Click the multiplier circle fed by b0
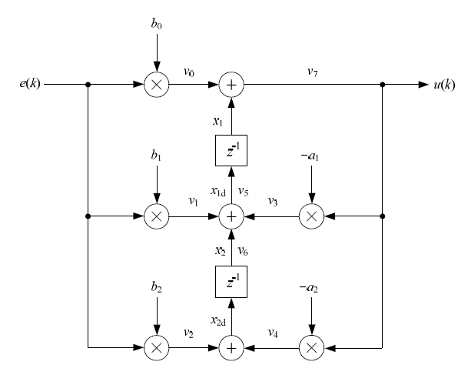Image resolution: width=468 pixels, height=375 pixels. click(x=157, y=84)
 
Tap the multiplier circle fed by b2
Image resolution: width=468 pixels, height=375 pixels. click(x=157, y=348)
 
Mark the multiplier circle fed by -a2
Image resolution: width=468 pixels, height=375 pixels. click(x=310, y=348)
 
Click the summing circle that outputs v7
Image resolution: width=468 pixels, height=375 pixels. click(x=231, y=84)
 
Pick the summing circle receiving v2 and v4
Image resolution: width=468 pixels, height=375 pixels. click(x=231, y=348)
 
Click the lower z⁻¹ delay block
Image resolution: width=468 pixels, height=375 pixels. click(x=231, y=283)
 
